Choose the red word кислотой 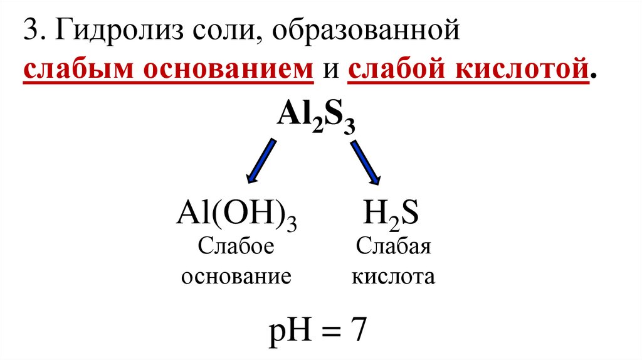[520, 70]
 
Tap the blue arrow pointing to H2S [365, 161]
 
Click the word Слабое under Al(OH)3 [237, 246]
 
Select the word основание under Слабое [236, 276]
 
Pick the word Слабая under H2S [393, 246]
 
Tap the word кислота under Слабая [393, 276]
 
